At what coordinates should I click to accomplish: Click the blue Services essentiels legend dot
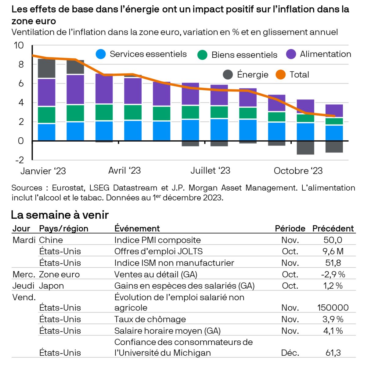pos(101,54)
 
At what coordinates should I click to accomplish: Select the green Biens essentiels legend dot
pos(202,55)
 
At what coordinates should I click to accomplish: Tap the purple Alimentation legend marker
pos(291,54)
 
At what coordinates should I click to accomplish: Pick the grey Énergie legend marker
pos(228,74)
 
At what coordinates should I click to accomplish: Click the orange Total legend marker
pos(280,74)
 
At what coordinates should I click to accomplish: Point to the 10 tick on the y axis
pos(19,45)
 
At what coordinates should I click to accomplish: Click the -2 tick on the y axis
pos(19,160)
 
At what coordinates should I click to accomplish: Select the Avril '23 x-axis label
pos(124,170)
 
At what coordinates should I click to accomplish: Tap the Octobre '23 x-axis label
pos(298,171)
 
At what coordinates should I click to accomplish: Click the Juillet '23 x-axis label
pos(210,170)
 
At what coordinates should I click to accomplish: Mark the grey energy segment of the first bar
pos(46,68)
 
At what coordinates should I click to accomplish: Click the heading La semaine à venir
pos(60,215)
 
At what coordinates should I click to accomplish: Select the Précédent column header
pos(333,228)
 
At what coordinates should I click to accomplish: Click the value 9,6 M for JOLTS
pos(333,251)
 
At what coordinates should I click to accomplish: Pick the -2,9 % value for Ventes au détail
pos(333,274)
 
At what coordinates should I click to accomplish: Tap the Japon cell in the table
pos(51,286)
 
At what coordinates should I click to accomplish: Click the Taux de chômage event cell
pos(150,319)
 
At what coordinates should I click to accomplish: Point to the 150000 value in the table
pos(333,308)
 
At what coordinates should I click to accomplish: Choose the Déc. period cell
pos(290,353)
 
